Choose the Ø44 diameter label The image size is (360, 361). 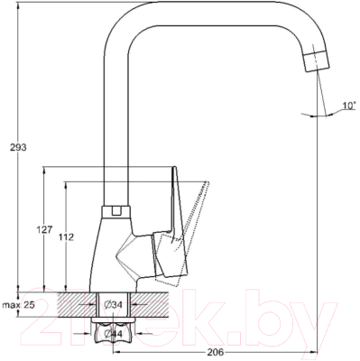point(115,334)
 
